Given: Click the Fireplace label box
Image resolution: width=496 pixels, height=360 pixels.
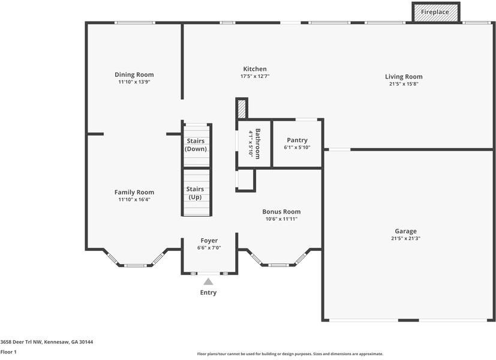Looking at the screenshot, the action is click(x=436, y=13).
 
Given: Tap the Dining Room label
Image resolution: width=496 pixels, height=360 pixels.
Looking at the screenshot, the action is click(x=134, y=74).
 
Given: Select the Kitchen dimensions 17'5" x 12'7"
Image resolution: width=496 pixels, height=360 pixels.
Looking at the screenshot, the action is click(x=255, y=76).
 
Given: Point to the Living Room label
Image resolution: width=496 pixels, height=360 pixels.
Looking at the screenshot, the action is click(x=404, y=77).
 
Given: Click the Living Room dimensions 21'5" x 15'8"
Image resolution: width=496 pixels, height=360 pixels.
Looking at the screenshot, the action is click(x=404, y=84).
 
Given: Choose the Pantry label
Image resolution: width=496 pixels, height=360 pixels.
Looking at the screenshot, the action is click(x=297, y=140).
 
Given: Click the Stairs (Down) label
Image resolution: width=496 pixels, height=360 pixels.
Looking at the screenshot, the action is click(x=196, y=145).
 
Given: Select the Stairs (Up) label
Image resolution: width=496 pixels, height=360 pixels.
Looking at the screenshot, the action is click(x=195, y=193).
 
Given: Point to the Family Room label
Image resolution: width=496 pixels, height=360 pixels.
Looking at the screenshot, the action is click(x=134, y=192).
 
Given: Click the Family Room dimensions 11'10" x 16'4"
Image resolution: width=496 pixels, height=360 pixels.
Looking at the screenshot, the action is click(x=134, y=199).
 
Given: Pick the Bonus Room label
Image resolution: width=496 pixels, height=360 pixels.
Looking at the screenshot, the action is click(x=281, y=212).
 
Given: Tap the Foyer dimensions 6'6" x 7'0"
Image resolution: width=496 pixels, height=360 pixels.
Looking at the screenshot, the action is click(x=209, y=248).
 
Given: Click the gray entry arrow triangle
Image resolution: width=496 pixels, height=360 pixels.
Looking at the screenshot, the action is click(x=208, y=281).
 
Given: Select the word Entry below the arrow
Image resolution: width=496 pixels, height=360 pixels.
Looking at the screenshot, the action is click(x=208, y=293).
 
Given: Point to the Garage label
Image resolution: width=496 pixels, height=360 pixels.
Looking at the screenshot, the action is click(x=405, y=231).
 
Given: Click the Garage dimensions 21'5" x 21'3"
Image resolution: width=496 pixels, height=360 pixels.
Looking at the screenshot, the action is click(x=405, y=239).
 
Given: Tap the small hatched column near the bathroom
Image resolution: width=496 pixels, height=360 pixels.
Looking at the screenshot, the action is click(x=242, y=109).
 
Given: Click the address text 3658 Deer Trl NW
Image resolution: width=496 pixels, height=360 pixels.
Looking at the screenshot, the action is click(x=21, y=342).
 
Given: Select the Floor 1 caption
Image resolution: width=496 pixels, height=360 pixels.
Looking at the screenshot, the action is click(x=8, y=352).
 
